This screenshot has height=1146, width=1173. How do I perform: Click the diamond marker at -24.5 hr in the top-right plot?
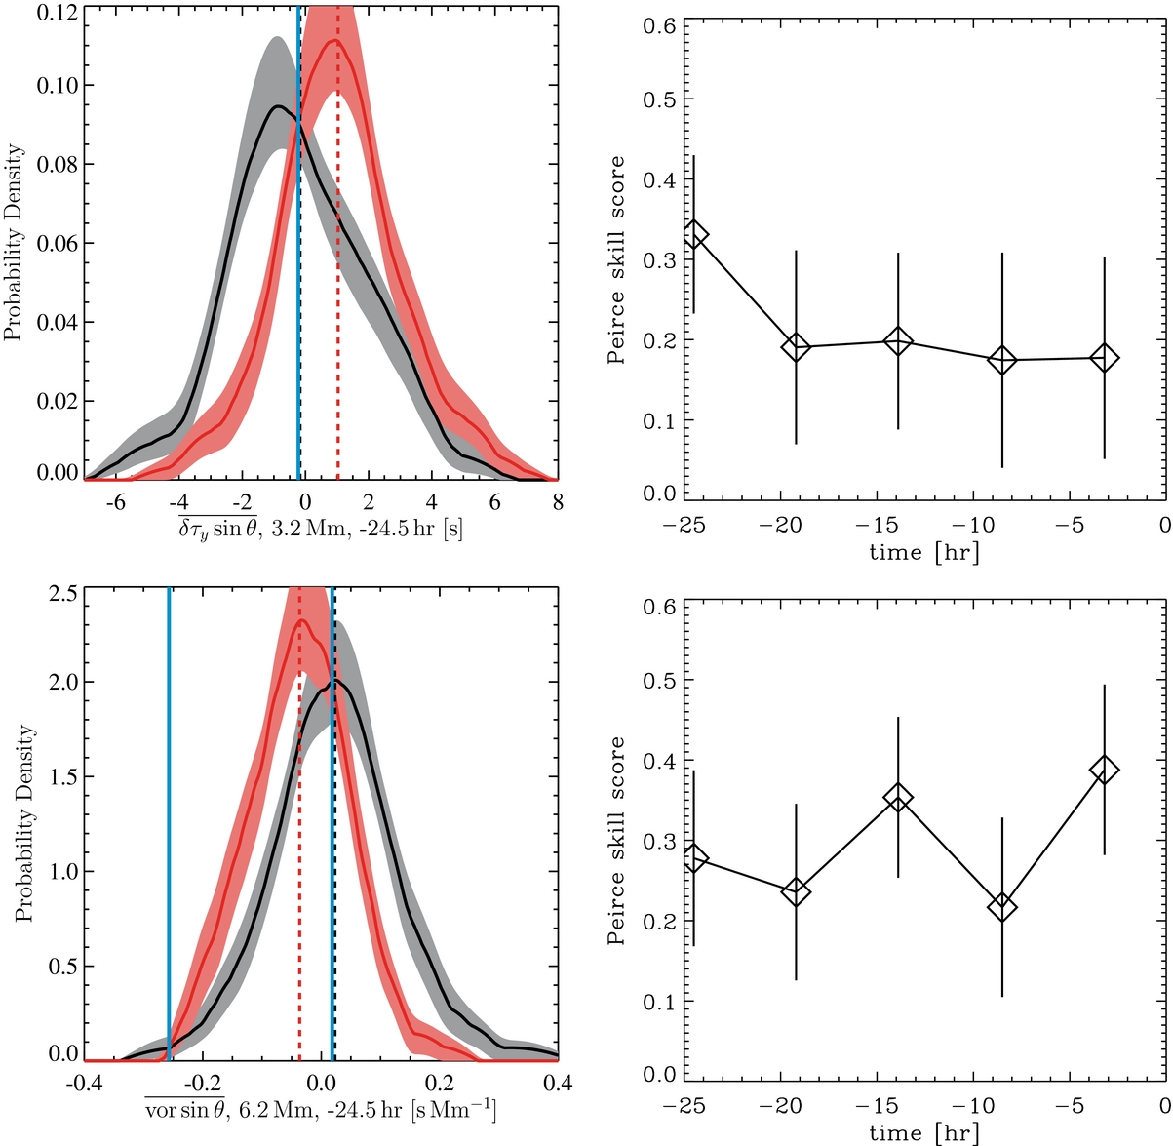coord(694,234)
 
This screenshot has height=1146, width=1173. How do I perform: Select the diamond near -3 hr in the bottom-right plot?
coord(1104,770)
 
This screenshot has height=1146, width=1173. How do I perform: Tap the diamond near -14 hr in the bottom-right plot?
coord(898,797)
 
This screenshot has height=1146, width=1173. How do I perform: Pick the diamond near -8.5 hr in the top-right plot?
coord(1001,360)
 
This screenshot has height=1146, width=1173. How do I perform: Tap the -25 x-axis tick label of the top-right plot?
coord(687,526)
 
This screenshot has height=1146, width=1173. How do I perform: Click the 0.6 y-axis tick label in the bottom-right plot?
coord(656,606)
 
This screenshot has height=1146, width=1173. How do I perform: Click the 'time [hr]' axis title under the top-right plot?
coord(923,552)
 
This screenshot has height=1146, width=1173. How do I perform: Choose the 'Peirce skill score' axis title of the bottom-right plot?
coord(615,840)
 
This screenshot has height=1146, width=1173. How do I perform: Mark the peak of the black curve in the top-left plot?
coord(278,105)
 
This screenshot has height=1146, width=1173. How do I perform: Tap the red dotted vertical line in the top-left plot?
coord(337,293)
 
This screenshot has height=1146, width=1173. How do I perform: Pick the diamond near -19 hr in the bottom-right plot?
coord(796,891)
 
